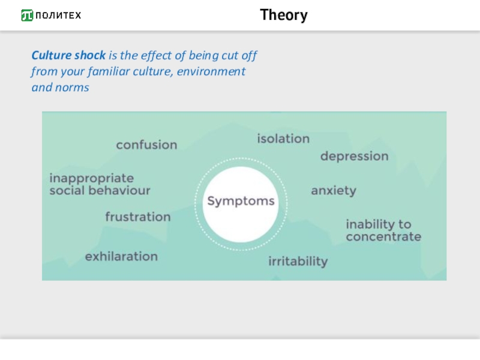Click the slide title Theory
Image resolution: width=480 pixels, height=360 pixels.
click(284, 15)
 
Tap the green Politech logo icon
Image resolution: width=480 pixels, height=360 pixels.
click(27, 16)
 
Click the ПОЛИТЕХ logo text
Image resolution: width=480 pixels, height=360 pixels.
click(58, 16)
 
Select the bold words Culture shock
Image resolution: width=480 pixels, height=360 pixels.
click(68, 56)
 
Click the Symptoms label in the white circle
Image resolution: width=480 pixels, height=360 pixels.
click(241, 201)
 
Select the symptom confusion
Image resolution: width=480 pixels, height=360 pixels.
click(146, 145)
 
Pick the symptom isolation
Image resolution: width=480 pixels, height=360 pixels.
click(283, 139)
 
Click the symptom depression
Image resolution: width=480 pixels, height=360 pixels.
click(354, 156)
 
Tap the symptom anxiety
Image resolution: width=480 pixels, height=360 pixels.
click(333, 191)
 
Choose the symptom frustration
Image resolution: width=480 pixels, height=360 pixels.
click(137, 217)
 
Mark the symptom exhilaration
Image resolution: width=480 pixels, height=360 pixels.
click(121, 257)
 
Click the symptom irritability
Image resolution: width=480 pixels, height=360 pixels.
click(298, 261)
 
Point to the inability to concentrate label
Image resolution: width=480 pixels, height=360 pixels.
click(383, 230)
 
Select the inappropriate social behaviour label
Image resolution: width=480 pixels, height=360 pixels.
click(99, 184)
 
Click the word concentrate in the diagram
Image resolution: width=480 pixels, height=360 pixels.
click(383, 236)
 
